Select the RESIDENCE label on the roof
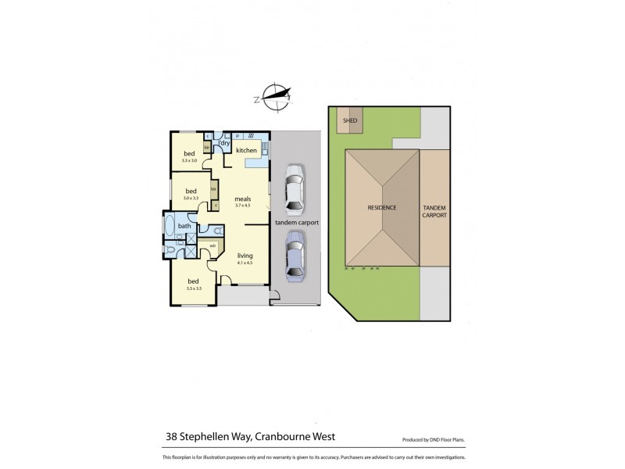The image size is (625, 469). (x=383, y=207)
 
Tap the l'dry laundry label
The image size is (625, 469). (x=224, y=142)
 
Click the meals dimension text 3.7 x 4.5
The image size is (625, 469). (x=243, y=206)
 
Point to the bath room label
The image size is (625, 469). (x=184, y=226)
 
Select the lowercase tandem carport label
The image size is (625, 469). (x=294, y=223)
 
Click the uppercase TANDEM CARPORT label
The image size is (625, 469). (x=435, y=210)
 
